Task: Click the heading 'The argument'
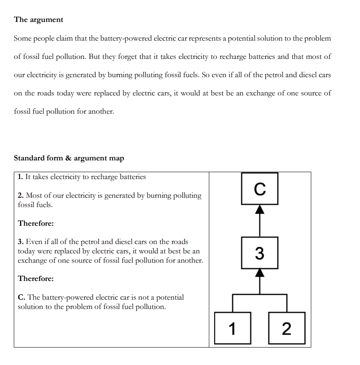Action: click(x=39, y=19)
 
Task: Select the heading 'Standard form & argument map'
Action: click(x=69, y=158)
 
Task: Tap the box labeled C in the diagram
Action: click(x=260, y=188)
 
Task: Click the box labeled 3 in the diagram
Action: click(x=260, y=253)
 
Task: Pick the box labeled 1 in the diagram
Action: click(x=232, y=328)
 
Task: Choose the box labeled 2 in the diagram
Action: click(x=286, y=328)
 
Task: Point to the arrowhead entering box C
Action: click(x=260, y=209)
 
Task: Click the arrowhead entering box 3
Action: click(x=260, y=274)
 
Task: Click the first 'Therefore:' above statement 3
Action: click(x=36, y=223)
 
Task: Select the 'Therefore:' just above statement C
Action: click(x=36, y=279)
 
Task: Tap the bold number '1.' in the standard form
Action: click(x=20, y=177)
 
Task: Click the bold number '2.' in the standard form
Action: click(x=21, y=196)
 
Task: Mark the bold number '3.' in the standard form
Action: click(x=21, y=242)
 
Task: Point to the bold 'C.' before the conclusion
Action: click(x=22, y=297)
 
